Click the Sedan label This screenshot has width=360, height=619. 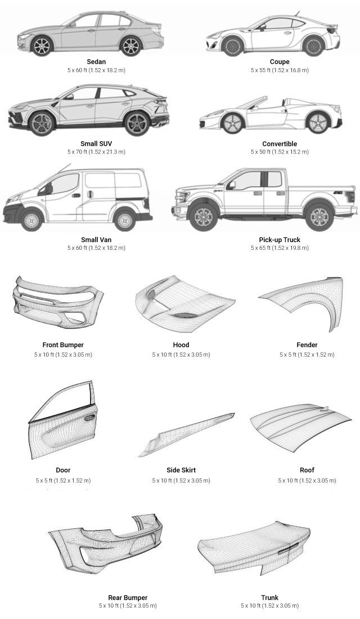click(x=96, y=61)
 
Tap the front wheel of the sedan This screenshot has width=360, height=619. click(x=41, y=46)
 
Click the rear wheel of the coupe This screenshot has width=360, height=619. click(x=314, y=46)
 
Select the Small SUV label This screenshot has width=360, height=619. click(x=96, y=143)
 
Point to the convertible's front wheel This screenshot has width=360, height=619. click(x=232, y=123)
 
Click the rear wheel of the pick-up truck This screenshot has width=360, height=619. click(x=319, y=217)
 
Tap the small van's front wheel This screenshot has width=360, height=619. click(x=31, y=220)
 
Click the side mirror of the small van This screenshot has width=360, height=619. click(x=49, y=189)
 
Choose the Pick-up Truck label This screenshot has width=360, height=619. click(x=280, y=240)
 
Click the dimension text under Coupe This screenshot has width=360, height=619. click(x=280, y=70)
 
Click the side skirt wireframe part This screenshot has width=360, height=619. click(x=186, y=435)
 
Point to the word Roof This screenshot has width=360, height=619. click(x=307, y=470)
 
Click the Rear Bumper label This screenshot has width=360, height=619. click(x=128, y=598)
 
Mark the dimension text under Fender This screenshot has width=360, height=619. click(x=307, y=355)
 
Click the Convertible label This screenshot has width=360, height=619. click(x=280, y=143)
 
